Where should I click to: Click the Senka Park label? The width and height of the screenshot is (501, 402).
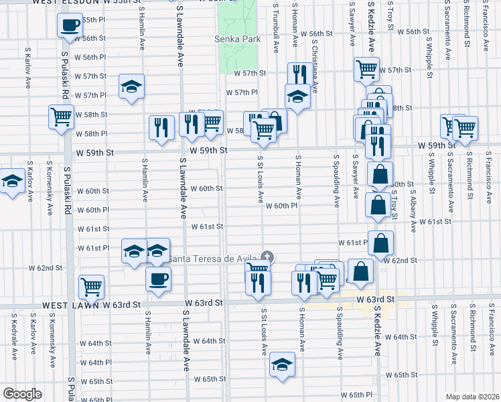point(237,40)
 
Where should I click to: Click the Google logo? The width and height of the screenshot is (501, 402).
point(22,394)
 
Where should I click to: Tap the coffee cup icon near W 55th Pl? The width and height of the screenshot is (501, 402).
point(70,26)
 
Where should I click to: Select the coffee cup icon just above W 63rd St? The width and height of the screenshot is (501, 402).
point(158,279)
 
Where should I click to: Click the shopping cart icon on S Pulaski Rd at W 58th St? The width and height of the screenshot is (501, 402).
point(61,117)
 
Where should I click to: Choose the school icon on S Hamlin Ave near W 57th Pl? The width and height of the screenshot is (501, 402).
point(132,86)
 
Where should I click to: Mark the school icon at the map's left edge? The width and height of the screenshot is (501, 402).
point(11,182)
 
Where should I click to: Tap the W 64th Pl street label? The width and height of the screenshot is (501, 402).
point(100,362)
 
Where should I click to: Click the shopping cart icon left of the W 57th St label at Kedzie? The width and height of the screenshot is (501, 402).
point(366,68)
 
